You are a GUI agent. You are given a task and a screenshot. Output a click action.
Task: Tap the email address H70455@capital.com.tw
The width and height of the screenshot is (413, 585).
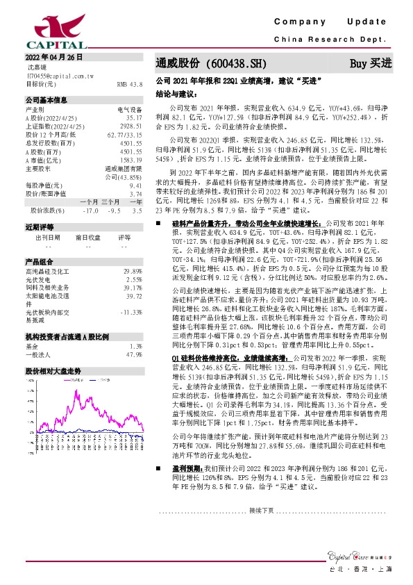pos(55,76)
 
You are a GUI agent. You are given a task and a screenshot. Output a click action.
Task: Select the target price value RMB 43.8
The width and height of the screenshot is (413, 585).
pos(130,84)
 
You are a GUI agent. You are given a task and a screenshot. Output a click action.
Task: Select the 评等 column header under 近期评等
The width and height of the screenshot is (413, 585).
pos(124,237)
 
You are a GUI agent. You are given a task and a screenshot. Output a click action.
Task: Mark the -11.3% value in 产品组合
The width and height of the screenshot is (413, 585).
pos(130,312)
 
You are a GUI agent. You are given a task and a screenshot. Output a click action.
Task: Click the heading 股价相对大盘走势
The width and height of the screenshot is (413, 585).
pos(53,371)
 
